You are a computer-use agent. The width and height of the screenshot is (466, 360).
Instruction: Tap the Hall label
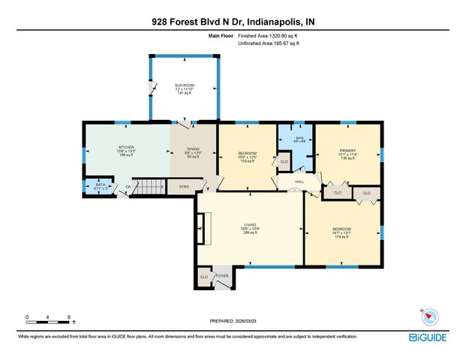(299, 181)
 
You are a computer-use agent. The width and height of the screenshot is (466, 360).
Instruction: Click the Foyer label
(222, 276)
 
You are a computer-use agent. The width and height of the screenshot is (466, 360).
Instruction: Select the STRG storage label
(183, 186)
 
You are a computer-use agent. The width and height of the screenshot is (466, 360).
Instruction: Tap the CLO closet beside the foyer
(204, 277)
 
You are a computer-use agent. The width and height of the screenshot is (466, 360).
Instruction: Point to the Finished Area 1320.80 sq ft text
(269, 35)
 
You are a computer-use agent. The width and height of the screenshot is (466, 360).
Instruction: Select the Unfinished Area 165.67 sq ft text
(269, 43)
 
